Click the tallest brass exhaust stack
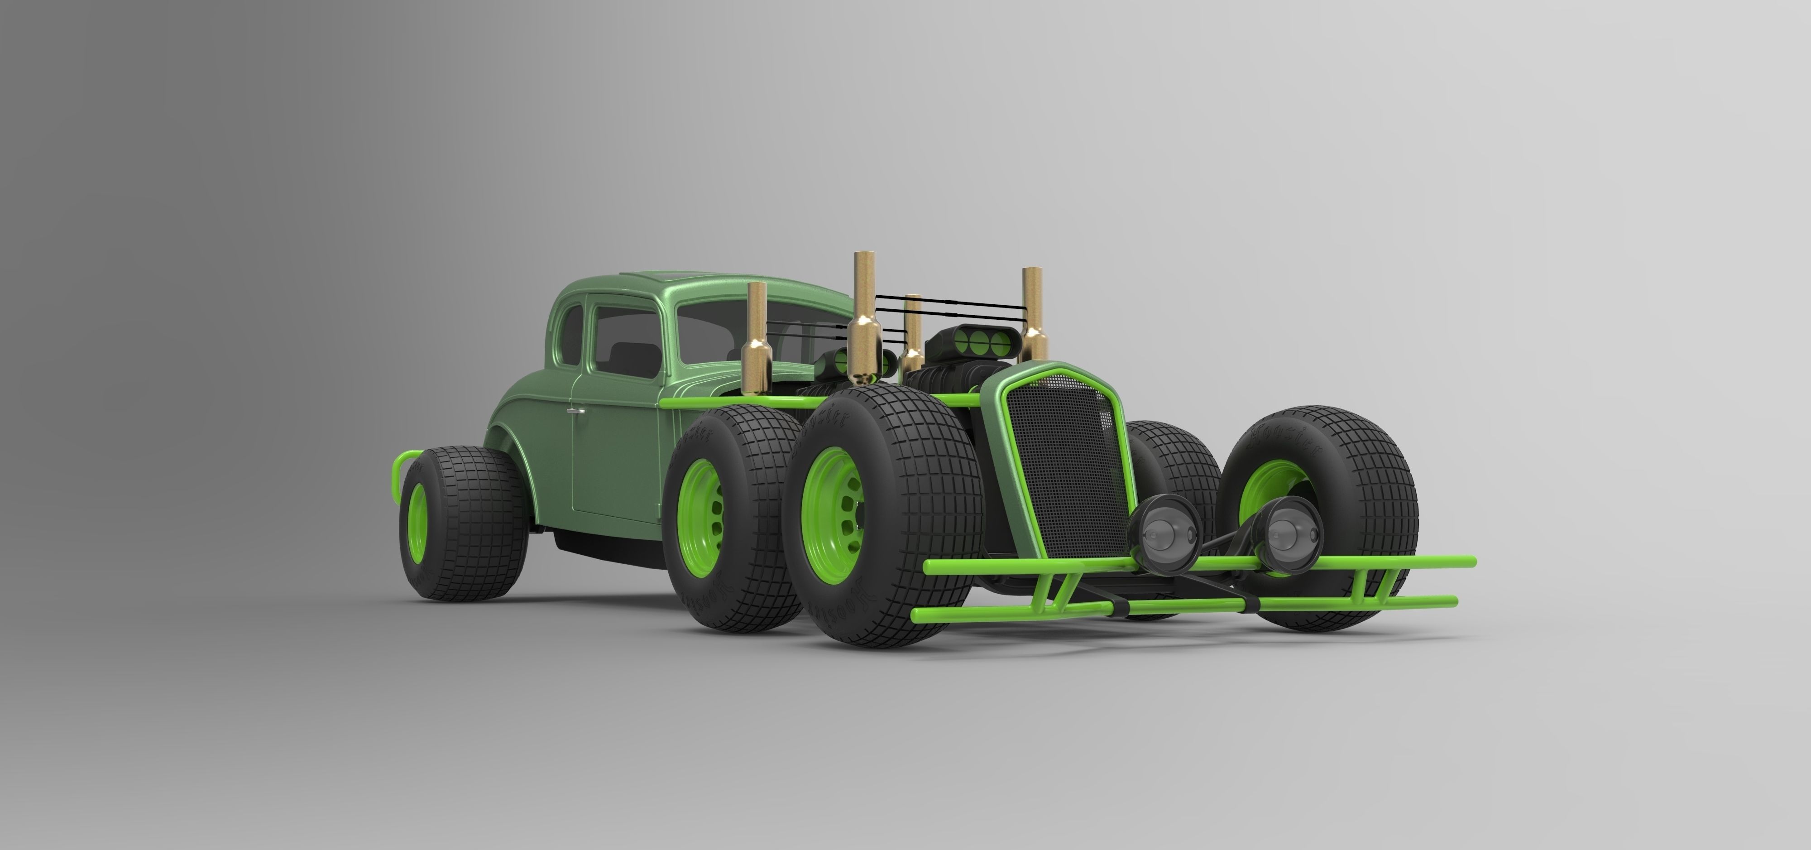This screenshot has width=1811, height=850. coord(863,303)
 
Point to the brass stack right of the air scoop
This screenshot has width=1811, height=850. coord(1034,309)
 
